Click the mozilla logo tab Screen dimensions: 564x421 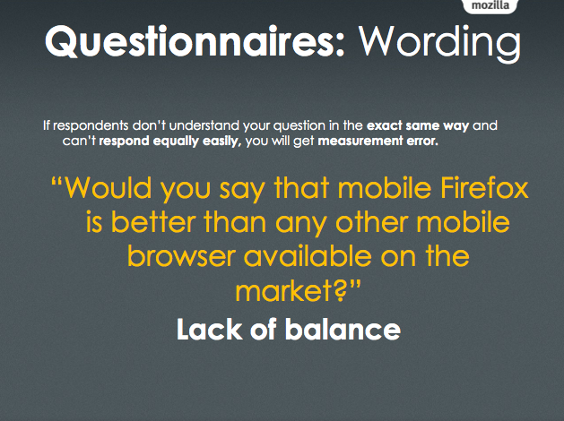click(490, 6)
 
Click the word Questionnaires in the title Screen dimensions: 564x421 click(195, 41)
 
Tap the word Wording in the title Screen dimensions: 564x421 click(439, 43)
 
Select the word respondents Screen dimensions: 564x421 click(91, 125)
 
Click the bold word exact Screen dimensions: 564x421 click(384, 125)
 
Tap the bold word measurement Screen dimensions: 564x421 click(360, 141)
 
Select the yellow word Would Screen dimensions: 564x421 click(108, 187)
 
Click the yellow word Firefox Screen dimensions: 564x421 click(484, 187)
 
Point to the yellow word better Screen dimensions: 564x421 click(153, 221)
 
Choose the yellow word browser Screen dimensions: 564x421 click(182, 256)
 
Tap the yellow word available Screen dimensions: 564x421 click(308, 256)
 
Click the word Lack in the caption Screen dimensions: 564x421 click(209, 329)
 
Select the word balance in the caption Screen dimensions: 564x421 click(343, 329)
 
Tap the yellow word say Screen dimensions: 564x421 click(242, 191)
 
